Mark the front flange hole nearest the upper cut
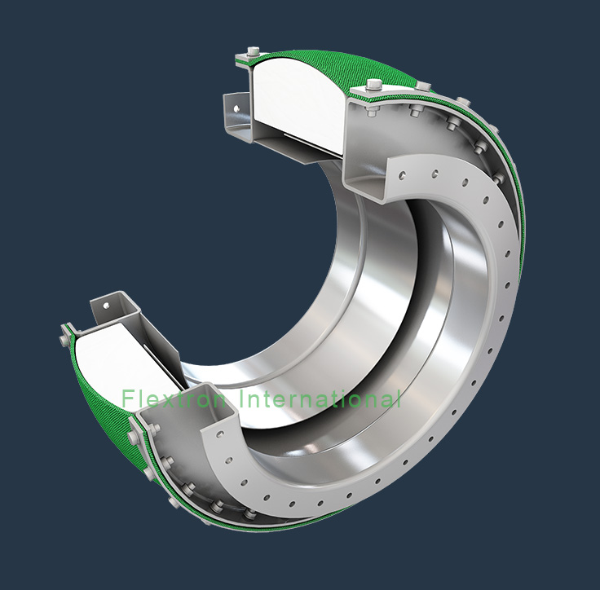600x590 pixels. click(x=406, y=173)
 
